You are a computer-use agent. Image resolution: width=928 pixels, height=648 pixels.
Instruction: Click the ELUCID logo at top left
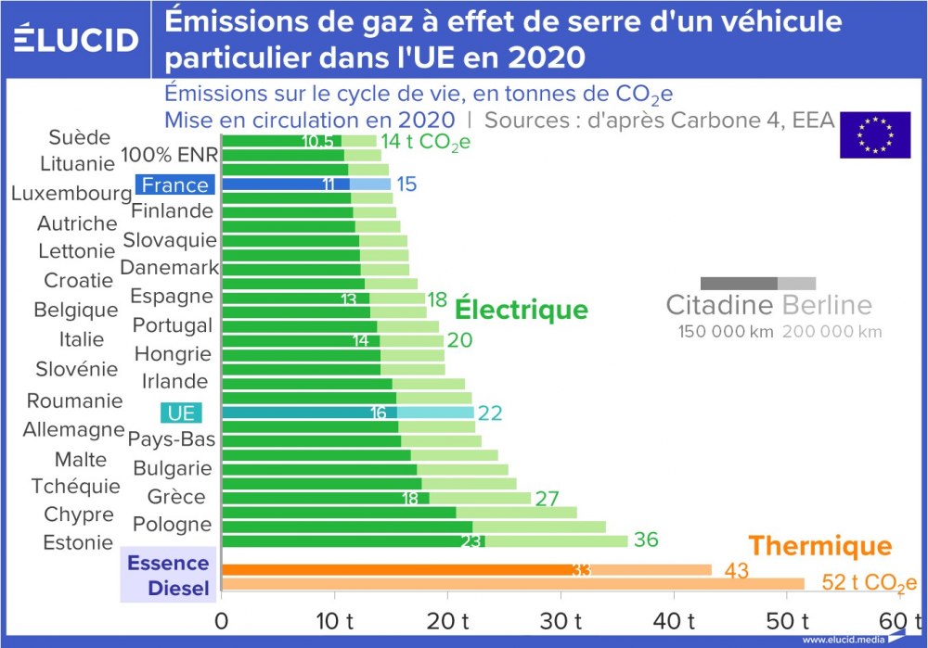tap(77, 39)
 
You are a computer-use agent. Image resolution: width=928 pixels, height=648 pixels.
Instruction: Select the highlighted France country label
tap(175, 185)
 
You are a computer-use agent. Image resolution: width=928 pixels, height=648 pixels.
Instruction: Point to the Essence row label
tap(168, 563)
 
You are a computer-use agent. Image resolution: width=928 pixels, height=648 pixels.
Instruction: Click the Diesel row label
tap(178, 588)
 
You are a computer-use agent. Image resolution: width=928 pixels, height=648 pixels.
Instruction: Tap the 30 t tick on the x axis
tap(561, 619)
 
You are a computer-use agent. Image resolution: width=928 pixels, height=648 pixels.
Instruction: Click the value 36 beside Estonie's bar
tap(646, 540)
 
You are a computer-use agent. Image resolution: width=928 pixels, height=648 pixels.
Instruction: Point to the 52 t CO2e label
tap(870, 583)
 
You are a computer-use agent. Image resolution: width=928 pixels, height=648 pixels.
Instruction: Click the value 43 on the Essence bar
tap(736, 571)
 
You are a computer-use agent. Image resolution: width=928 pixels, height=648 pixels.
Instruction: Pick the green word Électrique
tap(521, 310)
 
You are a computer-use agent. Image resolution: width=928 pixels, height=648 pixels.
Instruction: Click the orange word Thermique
tap(819, 546)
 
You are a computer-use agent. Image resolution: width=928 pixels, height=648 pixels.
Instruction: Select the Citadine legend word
tap(720, 306)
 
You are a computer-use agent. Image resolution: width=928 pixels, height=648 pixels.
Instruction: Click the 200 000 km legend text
tap(831, 332)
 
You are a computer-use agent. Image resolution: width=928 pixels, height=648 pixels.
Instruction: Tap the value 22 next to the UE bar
tap(490, 413)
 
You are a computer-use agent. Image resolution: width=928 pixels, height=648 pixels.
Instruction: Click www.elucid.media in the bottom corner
tap(842, 640)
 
